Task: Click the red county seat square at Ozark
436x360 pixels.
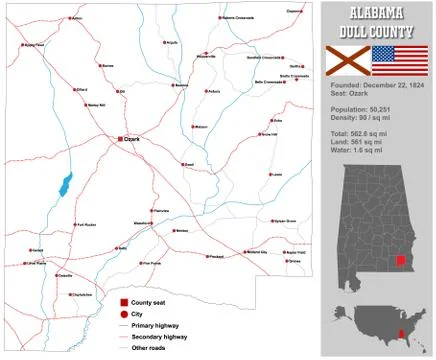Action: [120, 139]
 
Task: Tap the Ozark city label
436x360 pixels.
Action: [132, 139]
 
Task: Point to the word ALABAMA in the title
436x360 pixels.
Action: [377, 13]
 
